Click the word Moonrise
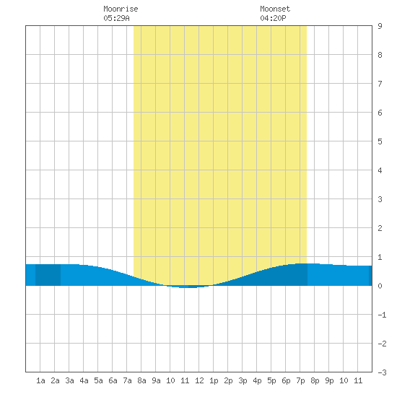121,9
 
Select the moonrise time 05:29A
116,18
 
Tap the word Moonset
275,9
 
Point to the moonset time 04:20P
273,18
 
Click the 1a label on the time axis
40,380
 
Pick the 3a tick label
69,380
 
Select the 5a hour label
98,380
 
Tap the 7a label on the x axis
127,380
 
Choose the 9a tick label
156,380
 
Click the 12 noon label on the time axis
199,380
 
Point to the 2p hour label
228,380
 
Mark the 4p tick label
257,380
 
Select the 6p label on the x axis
286,380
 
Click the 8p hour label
315,380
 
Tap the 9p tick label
329,380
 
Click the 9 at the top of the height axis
380,26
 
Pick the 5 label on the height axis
380,141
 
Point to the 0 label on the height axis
380,286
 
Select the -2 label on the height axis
382,344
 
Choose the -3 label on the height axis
382,372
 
